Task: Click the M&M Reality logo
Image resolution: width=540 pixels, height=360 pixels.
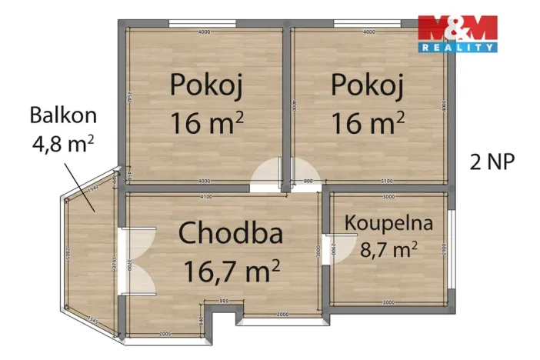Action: pyautogui.click(x=457, y=33)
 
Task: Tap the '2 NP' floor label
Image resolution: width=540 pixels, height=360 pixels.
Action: pyautogui.click(x=492, y=162)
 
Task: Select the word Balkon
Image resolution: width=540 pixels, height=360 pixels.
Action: pyautogui.click(x=63, y=115)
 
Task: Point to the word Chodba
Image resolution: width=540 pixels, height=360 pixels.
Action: pyautogui.click(x=231, y=232)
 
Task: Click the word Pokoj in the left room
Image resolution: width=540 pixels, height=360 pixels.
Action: pyautogui.click(x=207, y=85)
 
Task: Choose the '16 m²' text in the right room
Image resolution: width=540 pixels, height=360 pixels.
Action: pyautogui.click(x=368, y=122)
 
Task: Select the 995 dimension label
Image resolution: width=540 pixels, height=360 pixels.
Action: pyautogui.click(x=225, y=301)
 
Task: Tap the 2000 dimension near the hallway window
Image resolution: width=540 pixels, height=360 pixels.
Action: pyautogui.click(x=283, y=315)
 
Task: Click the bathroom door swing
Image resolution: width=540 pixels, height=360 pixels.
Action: pyautogui.click(x=328, y=248)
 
